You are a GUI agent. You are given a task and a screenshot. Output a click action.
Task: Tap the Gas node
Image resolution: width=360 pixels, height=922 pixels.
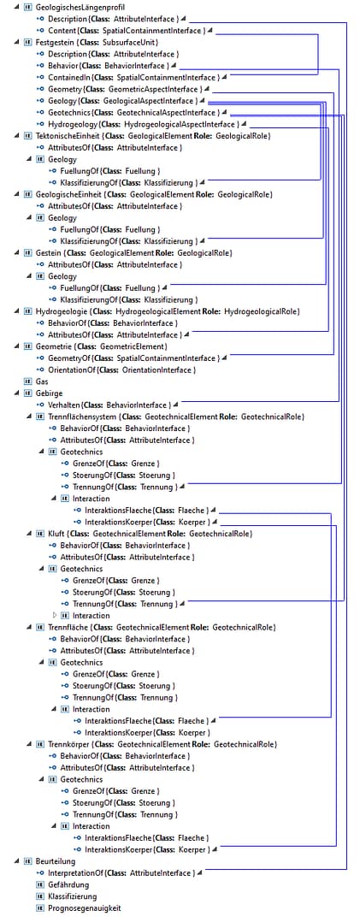pyautogui.click(x=41, y=381)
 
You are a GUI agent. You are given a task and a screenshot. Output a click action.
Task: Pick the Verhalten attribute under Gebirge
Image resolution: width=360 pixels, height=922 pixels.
pyautogui.click(x=109, y=405)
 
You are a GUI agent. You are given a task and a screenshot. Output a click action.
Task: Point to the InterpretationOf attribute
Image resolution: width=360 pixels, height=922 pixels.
pyautogui.click(x=120, y=873)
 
